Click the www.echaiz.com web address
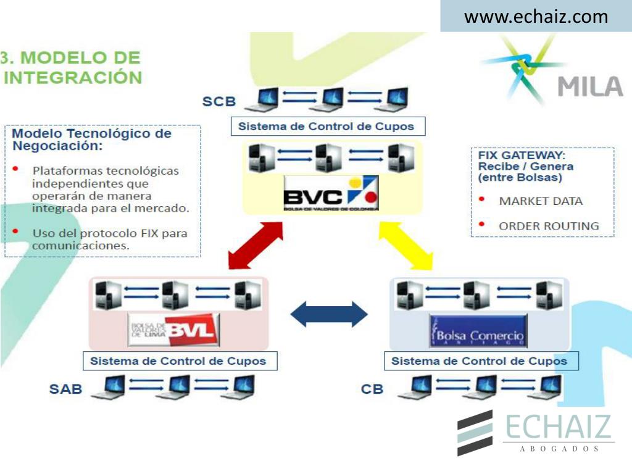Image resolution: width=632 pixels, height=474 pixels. (536, 17)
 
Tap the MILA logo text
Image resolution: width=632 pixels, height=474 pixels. (590, 86)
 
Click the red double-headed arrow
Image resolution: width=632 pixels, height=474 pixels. (255, 244)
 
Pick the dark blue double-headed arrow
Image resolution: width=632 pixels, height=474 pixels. (328, 314)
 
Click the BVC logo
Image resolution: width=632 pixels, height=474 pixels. (331, 194)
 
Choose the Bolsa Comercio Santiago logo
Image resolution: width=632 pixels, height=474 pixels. (479, 331)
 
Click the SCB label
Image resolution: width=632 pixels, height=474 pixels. (219, 101)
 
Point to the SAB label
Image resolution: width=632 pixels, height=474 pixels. (65, 389)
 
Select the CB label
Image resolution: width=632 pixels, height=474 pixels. (372, 389)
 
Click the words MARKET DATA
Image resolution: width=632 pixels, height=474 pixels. (541, 201)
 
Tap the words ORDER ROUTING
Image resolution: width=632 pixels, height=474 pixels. (549, 226)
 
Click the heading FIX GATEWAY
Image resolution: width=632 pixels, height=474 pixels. (522, 155)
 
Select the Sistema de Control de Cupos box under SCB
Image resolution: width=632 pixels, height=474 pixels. (326, 127)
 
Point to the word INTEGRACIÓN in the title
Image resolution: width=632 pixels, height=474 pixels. (73, 78)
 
